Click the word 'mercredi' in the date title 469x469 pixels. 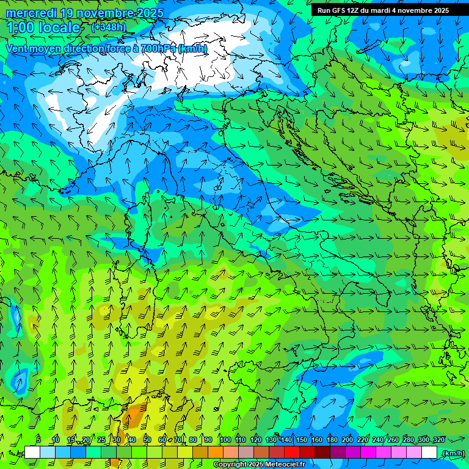pos(30,13)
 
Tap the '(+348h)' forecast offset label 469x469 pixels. pos(108,27)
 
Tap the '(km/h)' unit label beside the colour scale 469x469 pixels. pos(453,453)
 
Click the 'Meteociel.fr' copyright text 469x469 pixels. pos(285,465)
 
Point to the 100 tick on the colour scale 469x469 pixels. pos(225,440)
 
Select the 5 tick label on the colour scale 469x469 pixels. pos(38,440)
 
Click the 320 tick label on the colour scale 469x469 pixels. pos(438,440)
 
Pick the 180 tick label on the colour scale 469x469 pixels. pos(332,440)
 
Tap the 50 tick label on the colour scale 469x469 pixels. pos(147,440)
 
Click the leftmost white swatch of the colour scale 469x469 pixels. pos(32,453)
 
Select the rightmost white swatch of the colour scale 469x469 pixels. pos(429,453)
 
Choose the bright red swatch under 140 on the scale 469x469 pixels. pos(292,453)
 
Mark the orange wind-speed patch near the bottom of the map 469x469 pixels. pos(132,418)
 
